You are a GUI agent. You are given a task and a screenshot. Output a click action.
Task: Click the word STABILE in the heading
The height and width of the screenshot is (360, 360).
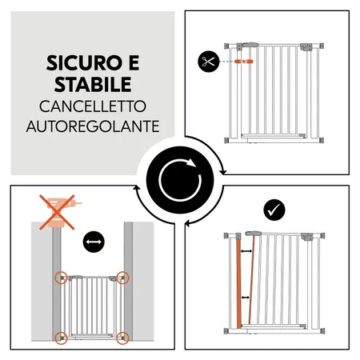91,84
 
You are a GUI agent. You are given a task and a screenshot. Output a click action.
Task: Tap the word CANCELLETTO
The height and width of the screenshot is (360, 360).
92,106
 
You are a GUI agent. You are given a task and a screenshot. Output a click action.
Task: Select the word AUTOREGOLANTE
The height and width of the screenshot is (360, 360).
92,127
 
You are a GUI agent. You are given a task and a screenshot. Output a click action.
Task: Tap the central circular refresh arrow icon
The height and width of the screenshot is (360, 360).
180,179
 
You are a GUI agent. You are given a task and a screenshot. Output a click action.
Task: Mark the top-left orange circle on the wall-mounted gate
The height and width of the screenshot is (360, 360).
61,278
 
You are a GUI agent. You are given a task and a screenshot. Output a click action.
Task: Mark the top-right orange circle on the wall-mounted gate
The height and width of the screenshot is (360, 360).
122,278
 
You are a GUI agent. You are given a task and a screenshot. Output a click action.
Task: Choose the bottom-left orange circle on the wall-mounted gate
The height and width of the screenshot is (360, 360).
61,337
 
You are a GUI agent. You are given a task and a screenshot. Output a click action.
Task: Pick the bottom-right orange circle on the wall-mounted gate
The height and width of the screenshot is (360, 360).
122,337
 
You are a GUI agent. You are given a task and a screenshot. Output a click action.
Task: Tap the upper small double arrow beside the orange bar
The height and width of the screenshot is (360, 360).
249,252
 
